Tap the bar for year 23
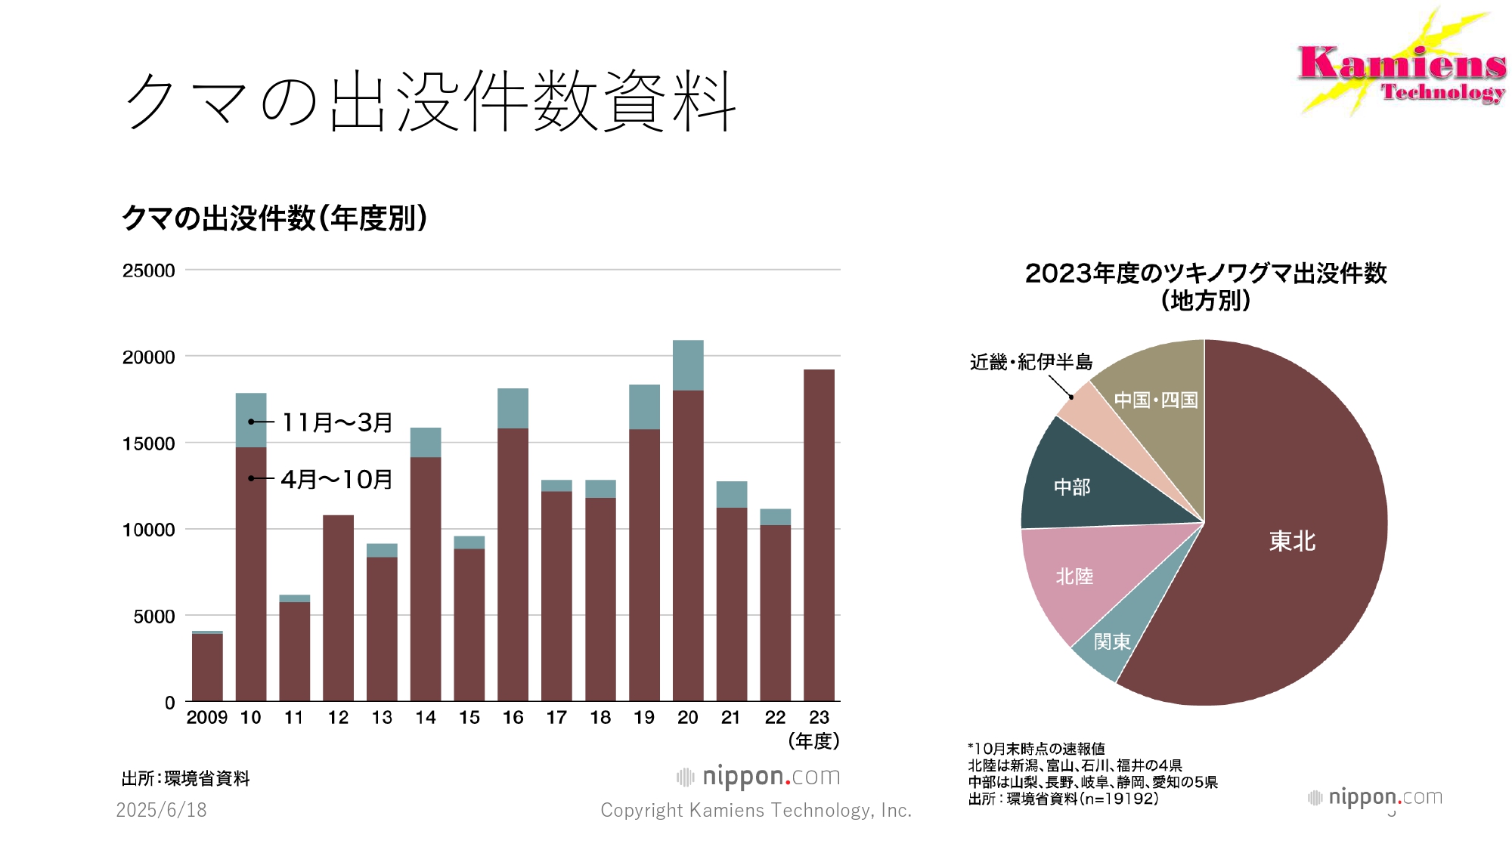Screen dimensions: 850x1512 [x=819, y=536]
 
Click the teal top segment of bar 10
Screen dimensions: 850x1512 [x=251, y=420]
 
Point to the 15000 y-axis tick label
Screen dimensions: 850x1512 [x=149, y=444]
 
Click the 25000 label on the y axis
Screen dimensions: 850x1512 [x=149, y=271]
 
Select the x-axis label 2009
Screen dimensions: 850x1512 [x=206, y=718]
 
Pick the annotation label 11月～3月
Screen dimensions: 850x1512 [x=337, y=422]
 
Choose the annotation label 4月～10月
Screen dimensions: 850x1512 [x=337, y=479]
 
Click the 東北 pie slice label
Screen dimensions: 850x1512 [x=1292, y=541]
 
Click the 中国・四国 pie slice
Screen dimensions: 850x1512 [x=1156, y=400]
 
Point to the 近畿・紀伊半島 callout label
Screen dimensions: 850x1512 [x=1031, y=363]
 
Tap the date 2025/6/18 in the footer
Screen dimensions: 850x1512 [x=161, y=810]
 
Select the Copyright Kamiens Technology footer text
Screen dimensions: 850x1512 [x=756, y=810]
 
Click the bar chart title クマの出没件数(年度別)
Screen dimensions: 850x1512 [x=274, y=218]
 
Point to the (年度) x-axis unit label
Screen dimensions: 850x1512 [x=813, y=741]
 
